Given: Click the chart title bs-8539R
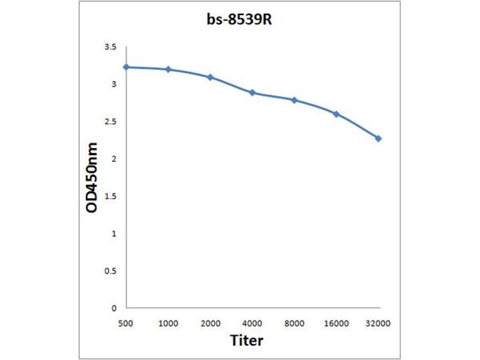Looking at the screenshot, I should pyautogui.click(x=240, y=20).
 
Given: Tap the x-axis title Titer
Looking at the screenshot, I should pyautogui.click(x=247, y=340).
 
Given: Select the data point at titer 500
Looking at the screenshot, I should pyautogui.click(x=126, y=67).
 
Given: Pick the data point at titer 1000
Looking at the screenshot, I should pyautogui.click(x=168, y=70).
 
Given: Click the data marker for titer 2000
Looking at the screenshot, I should pyautogui.click(x=210, y=77).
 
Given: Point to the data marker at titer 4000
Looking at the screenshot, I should pyautogui.click(x=252, y=92).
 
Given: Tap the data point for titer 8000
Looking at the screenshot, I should pyautogui.click(x=294, y=100).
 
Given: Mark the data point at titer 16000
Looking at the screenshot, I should pyautogui.click(x=336, y=113).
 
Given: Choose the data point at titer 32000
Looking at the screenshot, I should pyautogui.click(x=378, y=138).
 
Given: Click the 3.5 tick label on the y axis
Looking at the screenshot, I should pyautogui.click(x=110, y=47).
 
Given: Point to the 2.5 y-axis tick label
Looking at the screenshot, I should pyautogui.click(x=110, y=122).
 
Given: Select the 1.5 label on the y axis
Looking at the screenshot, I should pyautogui.click(x=110, y=196).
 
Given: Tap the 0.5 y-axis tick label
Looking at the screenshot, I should pyautogui.click(x=110, y=271).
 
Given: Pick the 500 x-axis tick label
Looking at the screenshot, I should pyautogui.click(x=126, y=323).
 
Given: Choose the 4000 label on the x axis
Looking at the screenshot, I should pyautogui.click(x=252, y=323).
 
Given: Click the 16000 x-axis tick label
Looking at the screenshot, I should pyautogui.click(x=336, y=323).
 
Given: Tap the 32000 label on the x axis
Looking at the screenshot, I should pyautogui.click(x=378, y=323).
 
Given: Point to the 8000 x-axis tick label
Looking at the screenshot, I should pyautogui.click(x=294, y=323).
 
